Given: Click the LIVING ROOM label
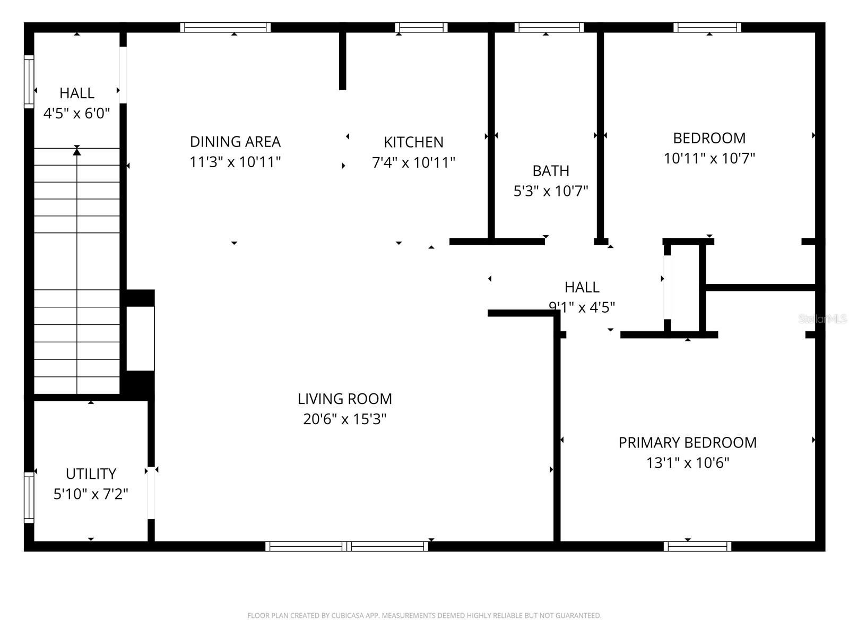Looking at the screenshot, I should coord(344,399).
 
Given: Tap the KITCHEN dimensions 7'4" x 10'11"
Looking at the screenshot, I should coord(413,162).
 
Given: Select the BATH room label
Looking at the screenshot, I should coord(551,171).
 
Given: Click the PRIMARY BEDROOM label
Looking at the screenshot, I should coord(687,442).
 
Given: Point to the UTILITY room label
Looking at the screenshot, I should coord(91,474).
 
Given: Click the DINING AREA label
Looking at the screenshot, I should coord(235,142).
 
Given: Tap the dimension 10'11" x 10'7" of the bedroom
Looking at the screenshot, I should coord(709,158).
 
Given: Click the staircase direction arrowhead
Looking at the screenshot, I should coord(77,152).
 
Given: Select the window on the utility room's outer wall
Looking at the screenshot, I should coord(29,497).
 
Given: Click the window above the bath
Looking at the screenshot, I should coord(549,27).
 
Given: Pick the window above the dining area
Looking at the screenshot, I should coord(226,27).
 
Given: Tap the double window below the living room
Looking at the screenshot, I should coord(346,546).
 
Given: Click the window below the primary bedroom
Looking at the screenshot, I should coord(697,546).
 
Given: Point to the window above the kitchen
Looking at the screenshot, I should coord(421,27).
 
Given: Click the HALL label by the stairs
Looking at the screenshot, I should coord(77,93).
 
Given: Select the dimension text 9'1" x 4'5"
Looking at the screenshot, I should coord(582,307).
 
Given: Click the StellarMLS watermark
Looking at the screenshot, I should coord(822,319).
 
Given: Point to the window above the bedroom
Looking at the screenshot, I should coord(707,27).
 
